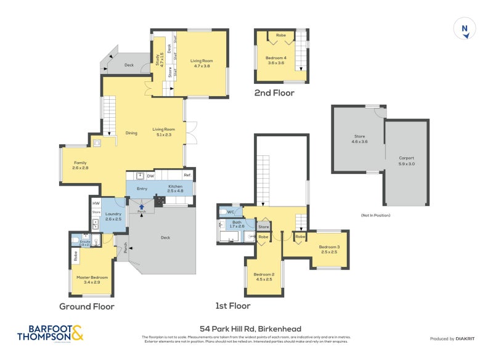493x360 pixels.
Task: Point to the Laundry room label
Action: pos(113,216)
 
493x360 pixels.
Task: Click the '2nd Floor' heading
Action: pos(274,93)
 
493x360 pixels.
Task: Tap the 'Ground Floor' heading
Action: pos(86,306)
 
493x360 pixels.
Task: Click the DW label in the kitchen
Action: pos(150,176)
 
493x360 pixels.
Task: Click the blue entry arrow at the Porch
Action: pos(141,207)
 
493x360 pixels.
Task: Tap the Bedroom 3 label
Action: pos(329,250)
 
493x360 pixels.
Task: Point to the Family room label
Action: pos(80,165)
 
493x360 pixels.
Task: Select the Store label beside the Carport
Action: pos(360,139)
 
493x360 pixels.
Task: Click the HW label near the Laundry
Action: pos(96,203)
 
